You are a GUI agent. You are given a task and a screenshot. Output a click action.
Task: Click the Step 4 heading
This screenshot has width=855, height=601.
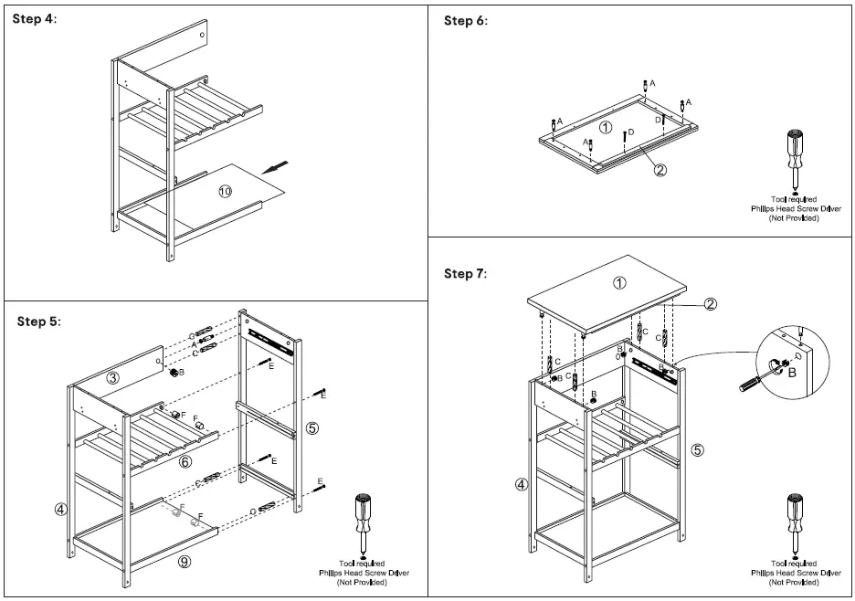pyautogui.click(x=36, y=20)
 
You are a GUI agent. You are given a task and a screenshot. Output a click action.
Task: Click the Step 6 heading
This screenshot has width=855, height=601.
pyautogui.click(x=465, y=20)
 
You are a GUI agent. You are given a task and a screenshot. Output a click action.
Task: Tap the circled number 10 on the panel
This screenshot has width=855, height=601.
pyautogui.click(x=225, y=191)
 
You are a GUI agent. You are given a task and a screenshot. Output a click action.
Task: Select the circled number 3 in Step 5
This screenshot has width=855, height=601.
pyautogui.click(x=112, y=378)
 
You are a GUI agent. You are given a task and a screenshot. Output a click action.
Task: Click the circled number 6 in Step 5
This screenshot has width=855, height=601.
pyautogui.click(x=185, y=462)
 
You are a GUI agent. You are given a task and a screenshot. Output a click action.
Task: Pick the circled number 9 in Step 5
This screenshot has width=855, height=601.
pyautogui.click(x=185, y=563)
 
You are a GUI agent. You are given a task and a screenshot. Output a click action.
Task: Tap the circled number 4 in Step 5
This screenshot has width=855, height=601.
pyautogui.click(x=60, y=509)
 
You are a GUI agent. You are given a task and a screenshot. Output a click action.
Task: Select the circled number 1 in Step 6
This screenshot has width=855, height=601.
pyautogui.click(x=605, y=126)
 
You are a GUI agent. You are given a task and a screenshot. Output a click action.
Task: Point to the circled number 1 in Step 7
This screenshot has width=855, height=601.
pyautogui.click(x=619, y=282)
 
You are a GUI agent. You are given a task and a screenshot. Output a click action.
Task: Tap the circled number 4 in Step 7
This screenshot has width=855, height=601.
pyautogui.click(x=522, y=485)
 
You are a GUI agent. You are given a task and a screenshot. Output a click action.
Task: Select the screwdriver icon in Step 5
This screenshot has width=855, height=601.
pyautogui.click(x=364, y=522)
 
